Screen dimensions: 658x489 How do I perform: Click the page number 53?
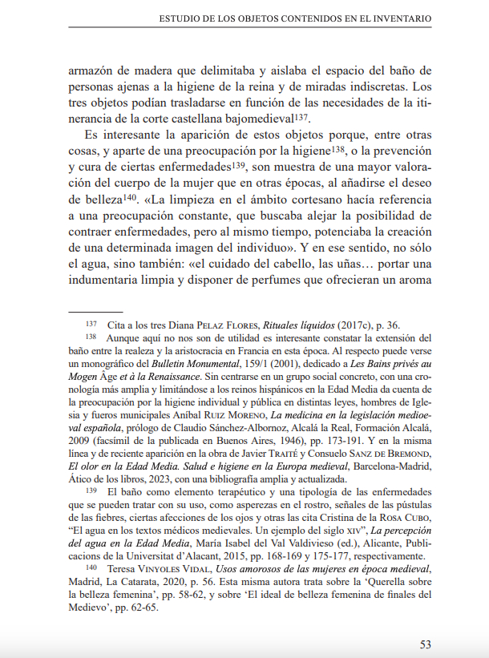425,644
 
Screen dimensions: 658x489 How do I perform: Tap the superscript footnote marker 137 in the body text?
301,117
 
